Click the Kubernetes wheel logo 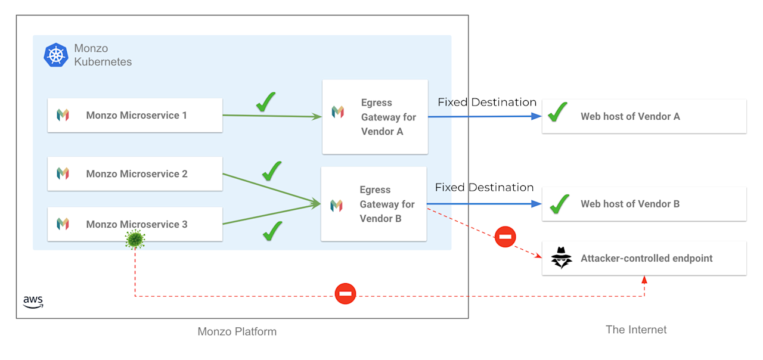[56, 55]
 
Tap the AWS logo [33, 302]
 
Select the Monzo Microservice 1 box [135, 115]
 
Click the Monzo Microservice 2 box [135, 173]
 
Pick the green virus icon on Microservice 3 [135, 240]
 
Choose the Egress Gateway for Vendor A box [375, 117]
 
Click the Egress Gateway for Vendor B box [374, 204]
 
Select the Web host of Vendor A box [644, 116]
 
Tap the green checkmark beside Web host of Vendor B [559, 204]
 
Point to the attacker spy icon [561, 258]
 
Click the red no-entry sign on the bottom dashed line [345, 294]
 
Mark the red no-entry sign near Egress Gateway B [505, 237]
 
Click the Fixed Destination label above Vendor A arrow [487, 102]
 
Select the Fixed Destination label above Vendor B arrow [484, 187]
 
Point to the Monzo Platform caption [237, 331]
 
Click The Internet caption [636, 330]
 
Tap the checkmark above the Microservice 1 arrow [266, 102]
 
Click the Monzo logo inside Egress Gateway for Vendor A [338, 112]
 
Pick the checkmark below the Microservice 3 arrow [272, 231]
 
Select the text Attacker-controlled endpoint [647, 258]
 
